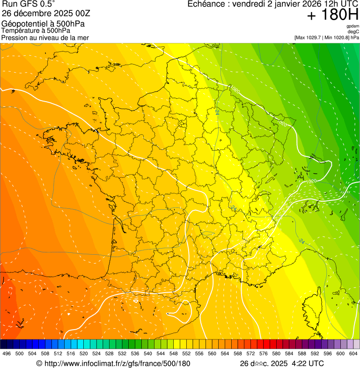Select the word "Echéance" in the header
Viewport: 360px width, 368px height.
(x=205, y=4)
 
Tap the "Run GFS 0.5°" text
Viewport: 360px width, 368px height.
(x=29, y=4)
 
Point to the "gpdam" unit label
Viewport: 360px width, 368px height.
(x=353, y=26)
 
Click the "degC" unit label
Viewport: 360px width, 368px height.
(x=353, y=31)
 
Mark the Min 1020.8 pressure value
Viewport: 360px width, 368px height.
(x=336, y=37)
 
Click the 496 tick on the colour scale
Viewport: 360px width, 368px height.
(x=7, y=353)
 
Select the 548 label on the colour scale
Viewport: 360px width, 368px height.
(x=174, y=353)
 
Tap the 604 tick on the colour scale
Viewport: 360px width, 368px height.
(x=353, y=353)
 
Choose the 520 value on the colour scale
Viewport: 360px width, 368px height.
(x=84, y=353)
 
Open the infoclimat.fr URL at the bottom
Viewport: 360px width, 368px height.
(x=117, y=363)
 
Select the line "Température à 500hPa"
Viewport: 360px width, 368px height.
(x=36, y=30)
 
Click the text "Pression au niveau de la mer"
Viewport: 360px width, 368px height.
(x=45, y=37)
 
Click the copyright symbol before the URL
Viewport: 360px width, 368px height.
(x=39, y=363)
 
